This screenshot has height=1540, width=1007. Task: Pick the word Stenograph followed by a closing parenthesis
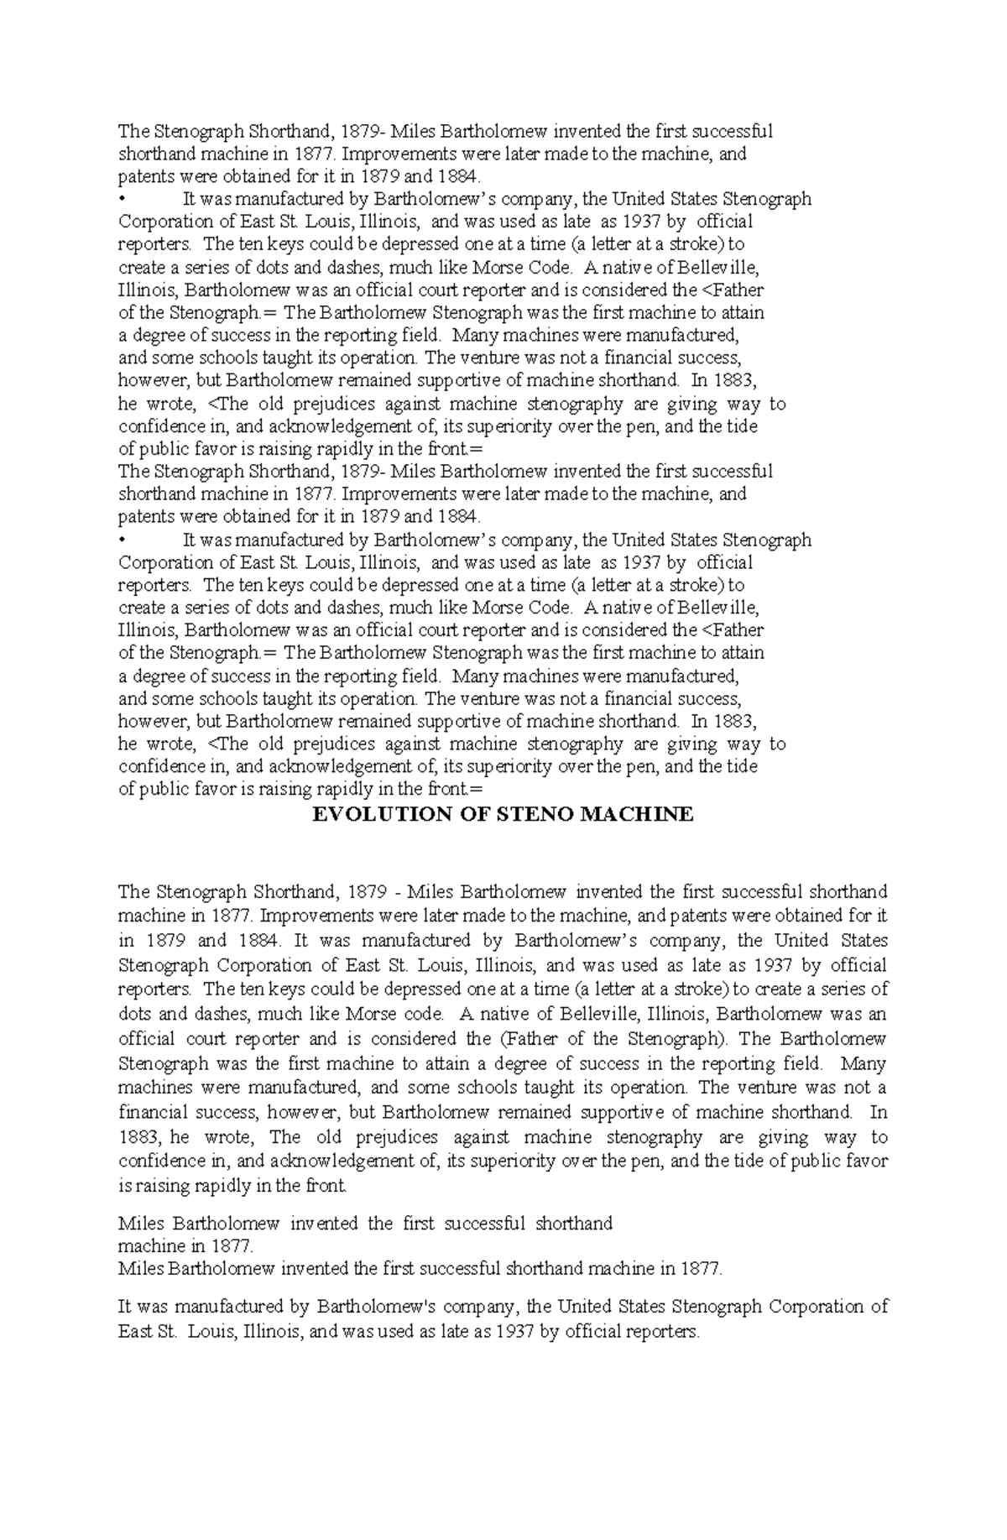click(677, 1039)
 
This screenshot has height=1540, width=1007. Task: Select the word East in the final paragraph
click(135, 1331)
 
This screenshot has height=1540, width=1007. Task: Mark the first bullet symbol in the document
click(123, 200)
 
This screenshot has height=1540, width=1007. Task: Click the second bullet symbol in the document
click(123, 540)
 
